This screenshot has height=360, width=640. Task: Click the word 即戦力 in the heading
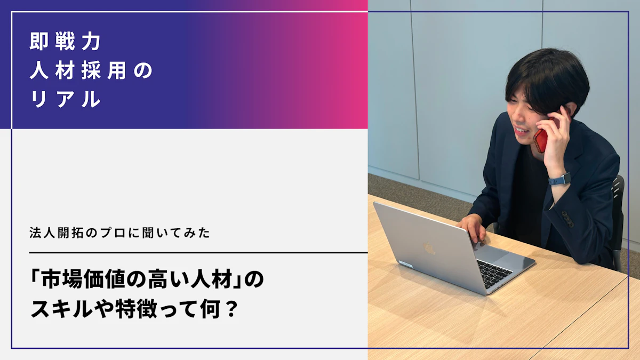(x=65, y=42)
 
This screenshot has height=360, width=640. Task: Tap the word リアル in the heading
(x=66, y=99)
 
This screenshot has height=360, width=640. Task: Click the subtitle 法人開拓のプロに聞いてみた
(x=119, y=233)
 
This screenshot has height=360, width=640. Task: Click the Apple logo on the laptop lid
(x=429, y=248)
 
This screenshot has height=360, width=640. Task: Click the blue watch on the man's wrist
(x=560, y=179)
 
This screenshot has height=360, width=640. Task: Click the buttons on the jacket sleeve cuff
(x=567, y=219)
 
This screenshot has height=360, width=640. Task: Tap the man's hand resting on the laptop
(x=473, y=228)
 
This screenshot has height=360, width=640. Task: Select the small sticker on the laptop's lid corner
(x=406, y=265)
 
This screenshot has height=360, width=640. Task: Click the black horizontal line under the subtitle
(x=198, y=253)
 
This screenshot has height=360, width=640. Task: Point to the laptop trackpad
(x=505, y=255)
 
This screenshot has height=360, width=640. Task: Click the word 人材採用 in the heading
(x=78, y=70)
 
